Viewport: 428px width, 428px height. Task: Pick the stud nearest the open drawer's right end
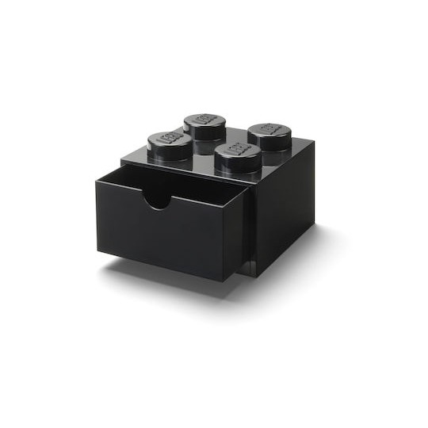[238, 155]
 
